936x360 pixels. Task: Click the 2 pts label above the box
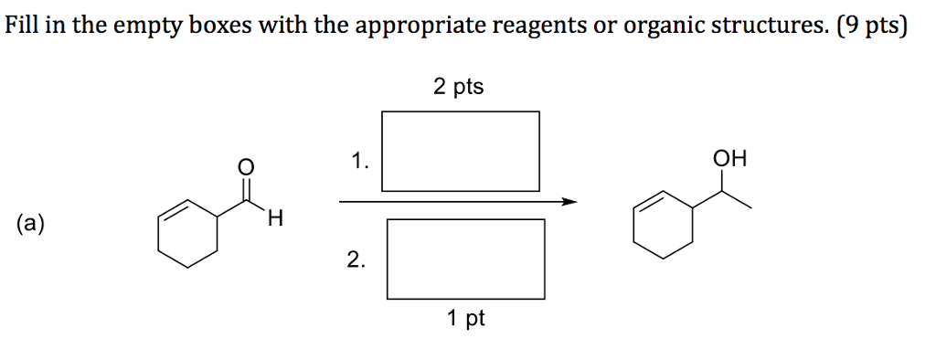click(x=459, y=87)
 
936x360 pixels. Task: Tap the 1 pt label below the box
click(x=466, y=319)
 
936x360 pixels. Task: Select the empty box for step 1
click(x=460, y=150)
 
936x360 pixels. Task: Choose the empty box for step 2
click(x=465, y=259)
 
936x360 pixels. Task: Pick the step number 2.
click(x=356, y=262)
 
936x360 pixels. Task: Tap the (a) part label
click(x=31, y=223)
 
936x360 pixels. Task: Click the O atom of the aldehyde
click(x=244, y=166)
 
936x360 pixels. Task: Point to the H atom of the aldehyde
click(x=276, y=219)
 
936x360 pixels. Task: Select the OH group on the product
click(x=730, y=160)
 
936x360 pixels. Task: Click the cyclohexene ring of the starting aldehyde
click(x=188, y=236)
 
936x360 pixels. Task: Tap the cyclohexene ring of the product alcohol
click(x=663, y=223)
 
